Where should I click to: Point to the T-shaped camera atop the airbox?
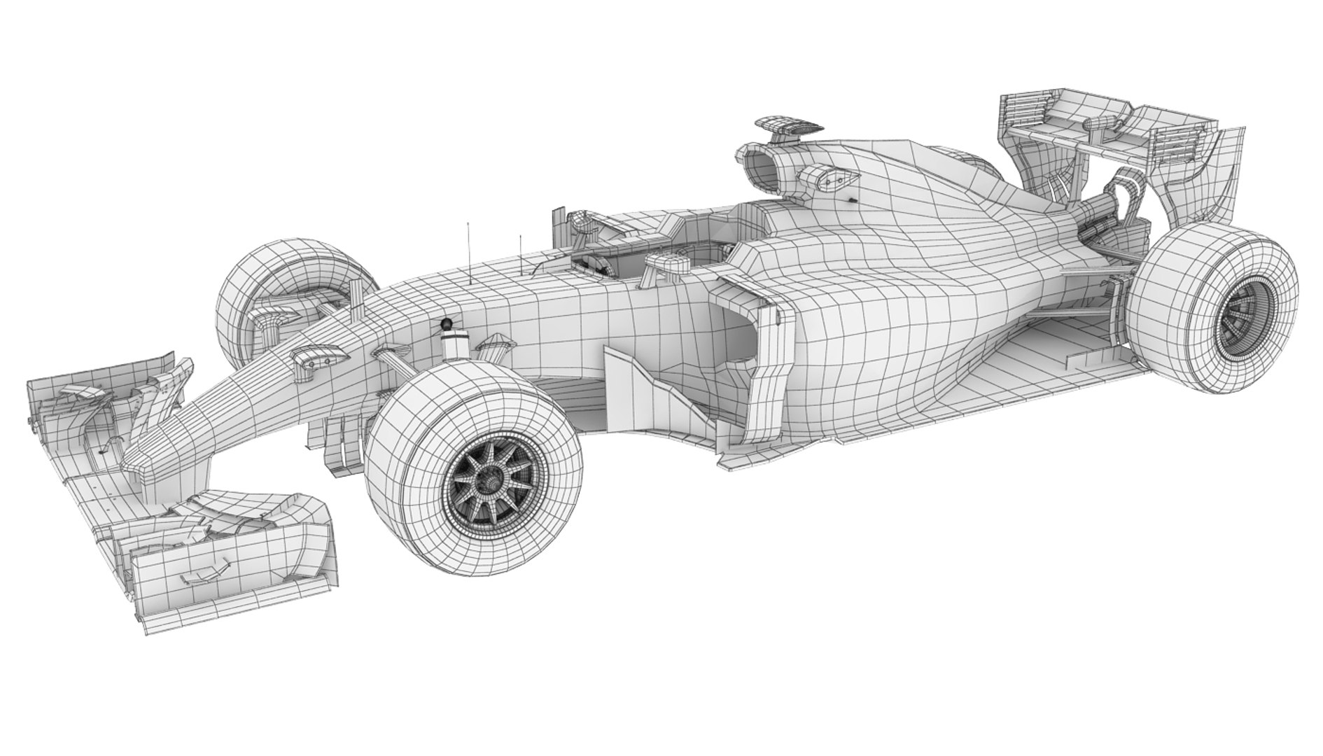pos(787,126)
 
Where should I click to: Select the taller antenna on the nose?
pos(468,252)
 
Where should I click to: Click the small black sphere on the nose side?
pos(446,323)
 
